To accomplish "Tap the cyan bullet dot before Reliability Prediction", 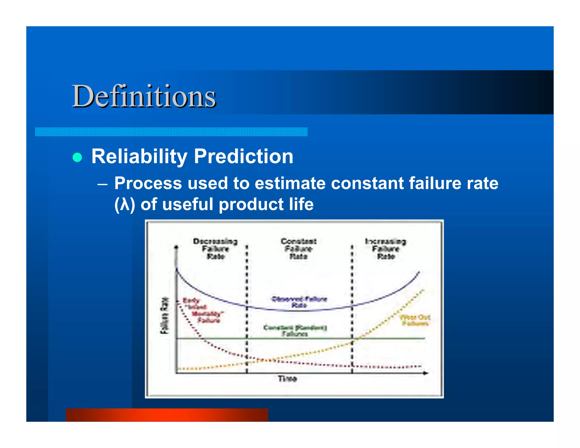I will click(x=77, y=157).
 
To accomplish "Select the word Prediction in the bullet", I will click(x=244, y=156).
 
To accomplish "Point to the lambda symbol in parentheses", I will click(x=125, y=204).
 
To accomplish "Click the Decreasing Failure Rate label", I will click(x=216, y=249).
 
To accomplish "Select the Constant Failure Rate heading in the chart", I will click(x=298, y=249).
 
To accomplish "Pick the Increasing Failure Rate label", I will click(x=385, y=249).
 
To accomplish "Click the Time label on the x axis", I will click(x=287, y=379).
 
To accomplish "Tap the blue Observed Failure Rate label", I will click(x=299, y=302).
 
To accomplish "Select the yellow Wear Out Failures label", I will click(x=415, y=320).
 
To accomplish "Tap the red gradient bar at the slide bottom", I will click(x=167, y=415).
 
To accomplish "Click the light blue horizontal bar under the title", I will click(x=171, y=132).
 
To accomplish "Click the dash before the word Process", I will click(x=103, y=184).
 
